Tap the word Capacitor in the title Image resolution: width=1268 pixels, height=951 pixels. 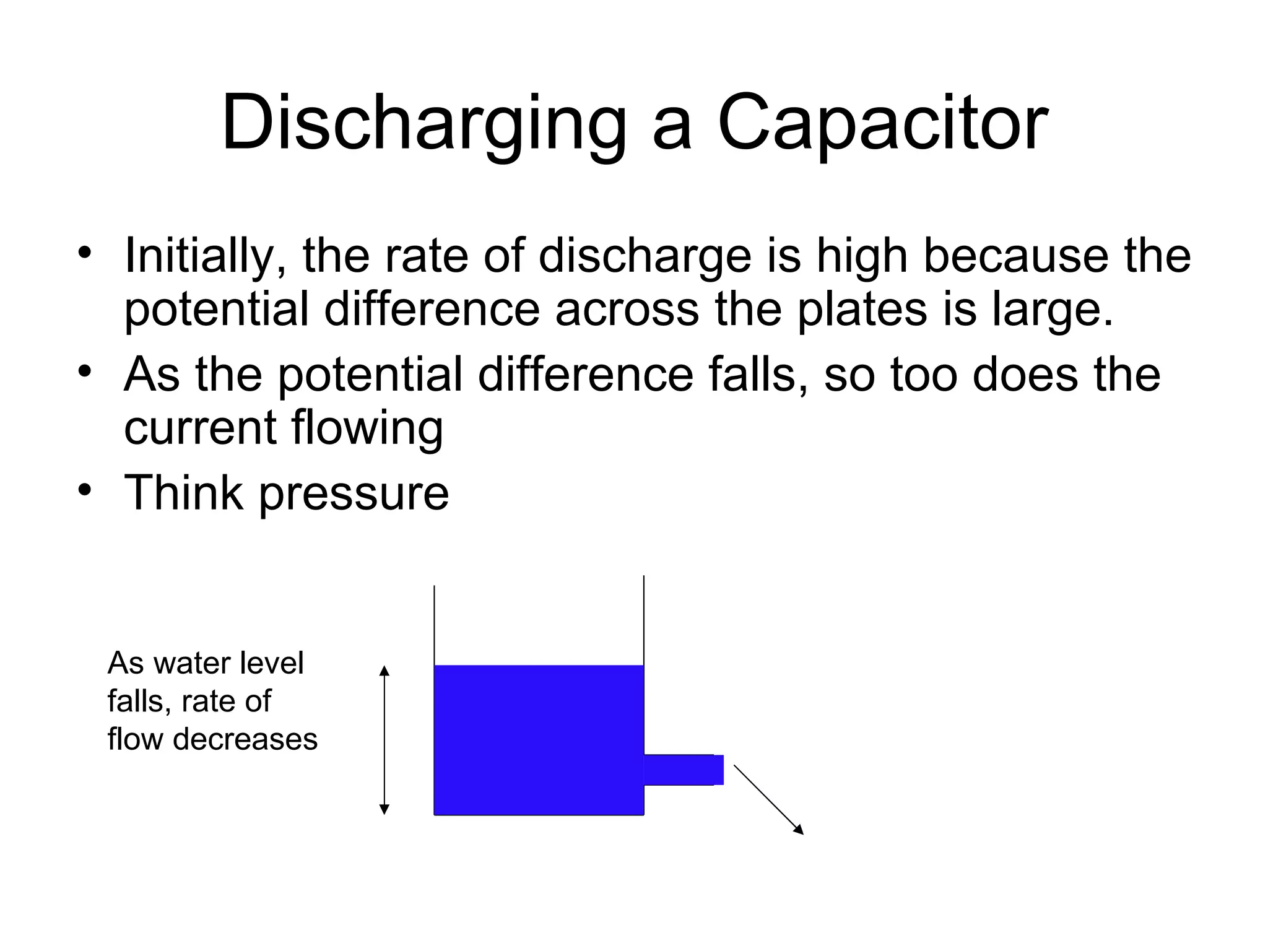[883, 123]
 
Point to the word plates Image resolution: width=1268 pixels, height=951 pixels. [862, 310]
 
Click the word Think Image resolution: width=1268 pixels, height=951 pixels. [184, 493]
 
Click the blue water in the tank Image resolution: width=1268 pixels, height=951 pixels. [539, 740]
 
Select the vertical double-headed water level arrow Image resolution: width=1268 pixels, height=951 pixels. [384, 740]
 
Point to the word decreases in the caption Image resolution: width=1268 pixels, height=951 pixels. [245, 739]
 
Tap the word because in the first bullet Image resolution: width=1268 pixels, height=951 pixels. [1016, 255]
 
